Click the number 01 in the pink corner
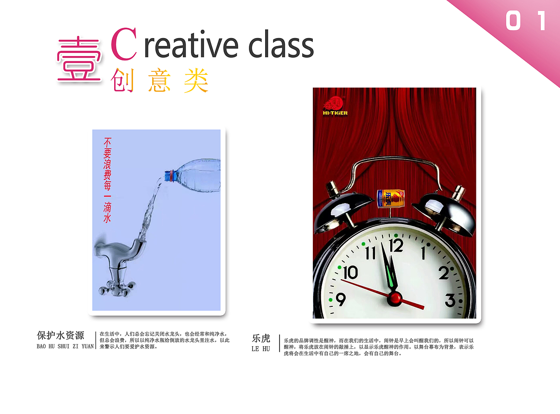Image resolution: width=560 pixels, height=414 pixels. (x=526, y=21)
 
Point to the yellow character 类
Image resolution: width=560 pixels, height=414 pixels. (x=196, y=81)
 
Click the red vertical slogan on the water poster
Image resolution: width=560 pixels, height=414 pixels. (x=107, y=180)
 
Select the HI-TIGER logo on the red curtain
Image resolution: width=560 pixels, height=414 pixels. (x=335, y=106)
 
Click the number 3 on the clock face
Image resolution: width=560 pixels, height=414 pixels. (x=450, y=301)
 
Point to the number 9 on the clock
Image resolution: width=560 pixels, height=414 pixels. (x=340, y=300)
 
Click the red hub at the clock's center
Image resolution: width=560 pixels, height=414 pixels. (x=395, y=298)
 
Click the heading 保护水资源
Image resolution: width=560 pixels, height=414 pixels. (x=60, y=336)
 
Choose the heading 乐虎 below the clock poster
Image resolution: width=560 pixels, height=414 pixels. (x=261, y=338)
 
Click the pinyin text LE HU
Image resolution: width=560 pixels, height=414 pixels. (x=261, y=349)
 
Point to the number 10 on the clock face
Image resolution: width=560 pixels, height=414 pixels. (x=350, y=273)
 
